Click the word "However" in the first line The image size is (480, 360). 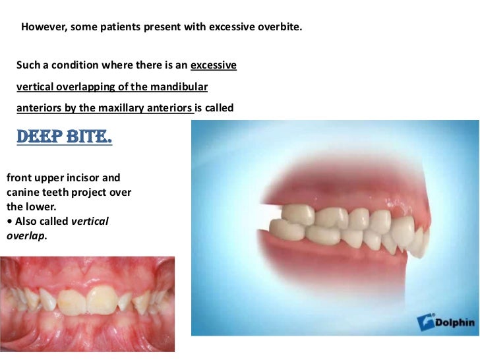tap(42, 28)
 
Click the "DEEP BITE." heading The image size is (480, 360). tap(63, 137)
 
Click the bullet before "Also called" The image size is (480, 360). tap(9, 221)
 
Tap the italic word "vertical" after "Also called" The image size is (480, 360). tap(90, 221)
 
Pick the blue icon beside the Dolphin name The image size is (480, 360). tap(427, 323)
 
